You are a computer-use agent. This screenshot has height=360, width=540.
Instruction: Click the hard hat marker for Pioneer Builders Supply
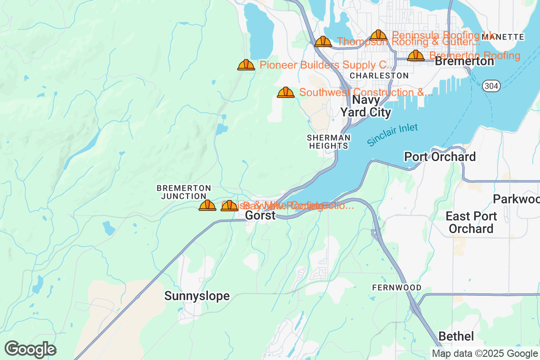click(246, 65)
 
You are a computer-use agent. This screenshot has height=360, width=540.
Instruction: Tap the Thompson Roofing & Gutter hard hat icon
click(323, 42)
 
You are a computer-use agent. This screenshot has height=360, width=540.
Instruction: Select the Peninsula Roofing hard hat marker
click(378, 35)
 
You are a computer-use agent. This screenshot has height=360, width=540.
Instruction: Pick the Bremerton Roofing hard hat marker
click(416, 56)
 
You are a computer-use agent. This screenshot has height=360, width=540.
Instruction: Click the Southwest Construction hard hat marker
click(286, 93)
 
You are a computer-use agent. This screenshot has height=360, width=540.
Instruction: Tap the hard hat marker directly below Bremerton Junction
click(207, 206)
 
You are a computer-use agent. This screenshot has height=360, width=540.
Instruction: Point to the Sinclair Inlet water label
click(392, 135)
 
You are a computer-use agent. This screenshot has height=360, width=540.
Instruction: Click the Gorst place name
click(260, 216)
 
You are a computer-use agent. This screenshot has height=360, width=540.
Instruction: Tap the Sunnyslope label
click(197, 296)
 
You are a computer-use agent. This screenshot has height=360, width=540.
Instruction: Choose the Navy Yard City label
click(365, 106)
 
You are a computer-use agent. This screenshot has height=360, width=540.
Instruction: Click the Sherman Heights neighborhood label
click(328, 141)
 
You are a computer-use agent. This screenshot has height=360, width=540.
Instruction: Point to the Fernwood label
click(397, 288)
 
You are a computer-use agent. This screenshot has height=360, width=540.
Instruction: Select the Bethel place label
click(456, 336)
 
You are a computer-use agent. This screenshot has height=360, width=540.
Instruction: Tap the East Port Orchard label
click(471, 222)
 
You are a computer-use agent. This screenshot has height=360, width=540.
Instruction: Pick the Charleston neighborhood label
click(379, 76)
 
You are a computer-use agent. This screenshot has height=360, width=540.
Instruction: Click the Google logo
click(31, 349)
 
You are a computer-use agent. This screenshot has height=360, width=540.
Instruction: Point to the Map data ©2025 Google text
click(485, 353)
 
